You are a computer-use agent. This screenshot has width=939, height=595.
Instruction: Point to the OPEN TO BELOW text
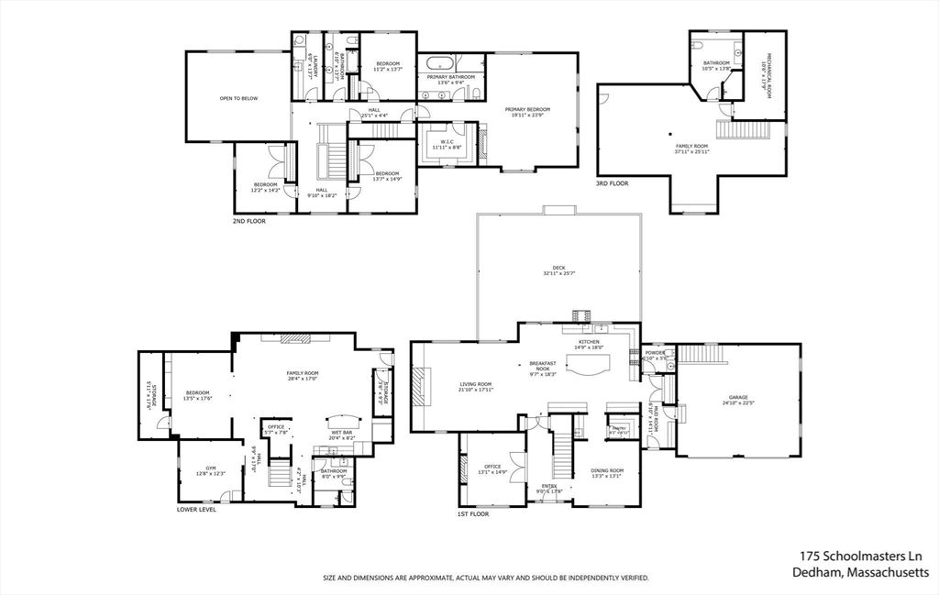(x=238, y=98)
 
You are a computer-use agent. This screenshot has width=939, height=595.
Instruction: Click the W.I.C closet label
(x=447, y=142)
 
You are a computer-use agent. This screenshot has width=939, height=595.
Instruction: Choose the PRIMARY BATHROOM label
(x=450, y=77)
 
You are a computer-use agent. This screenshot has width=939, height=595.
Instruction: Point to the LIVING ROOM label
(x=475, y=384)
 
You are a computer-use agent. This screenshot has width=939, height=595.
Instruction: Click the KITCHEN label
(x=588, y=341)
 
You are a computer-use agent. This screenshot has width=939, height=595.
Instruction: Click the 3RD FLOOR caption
(x=613, y=183)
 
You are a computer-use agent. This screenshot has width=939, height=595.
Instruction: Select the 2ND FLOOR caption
(x=249, y=221)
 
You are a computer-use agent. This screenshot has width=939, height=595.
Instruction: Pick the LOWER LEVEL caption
(x=196, y=509)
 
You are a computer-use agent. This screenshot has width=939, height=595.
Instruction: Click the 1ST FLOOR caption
(x=474, y=514)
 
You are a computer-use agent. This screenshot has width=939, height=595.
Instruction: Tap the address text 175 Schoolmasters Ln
(x=861, y=556)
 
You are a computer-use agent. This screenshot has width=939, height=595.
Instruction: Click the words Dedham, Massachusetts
(x=861, y=573)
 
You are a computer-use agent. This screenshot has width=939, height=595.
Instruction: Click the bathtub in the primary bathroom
(x=436, y=64)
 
